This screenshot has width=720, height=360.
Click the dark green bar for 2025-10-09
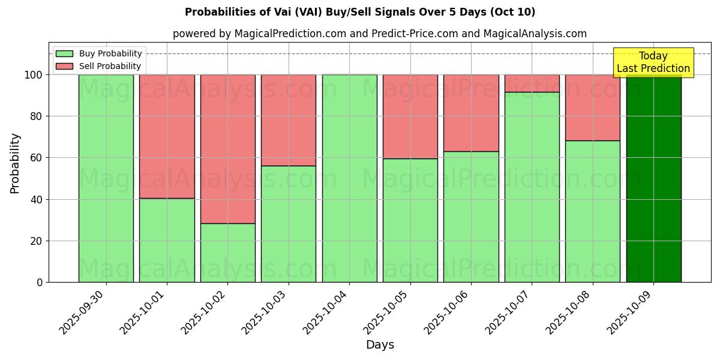click(x=653, y=180)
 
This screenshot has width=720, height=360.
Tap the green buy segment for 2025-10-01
click(x=167, y=240)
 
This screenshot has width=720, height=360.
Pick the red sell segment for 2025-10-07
click(x=532, y=83)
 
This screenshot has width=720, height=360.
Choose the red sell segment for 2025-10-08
click(x=592, y=107)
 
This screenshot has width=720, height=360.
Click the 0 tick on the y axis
click(x=40, y=282)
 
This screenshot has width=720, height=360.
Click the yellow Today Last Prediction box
click(x=653, y=62)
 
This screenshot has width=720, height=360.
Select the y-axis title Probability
click(x=15, y=163)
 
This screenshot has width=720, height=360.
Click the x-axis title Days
click(x=380, y=345)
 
